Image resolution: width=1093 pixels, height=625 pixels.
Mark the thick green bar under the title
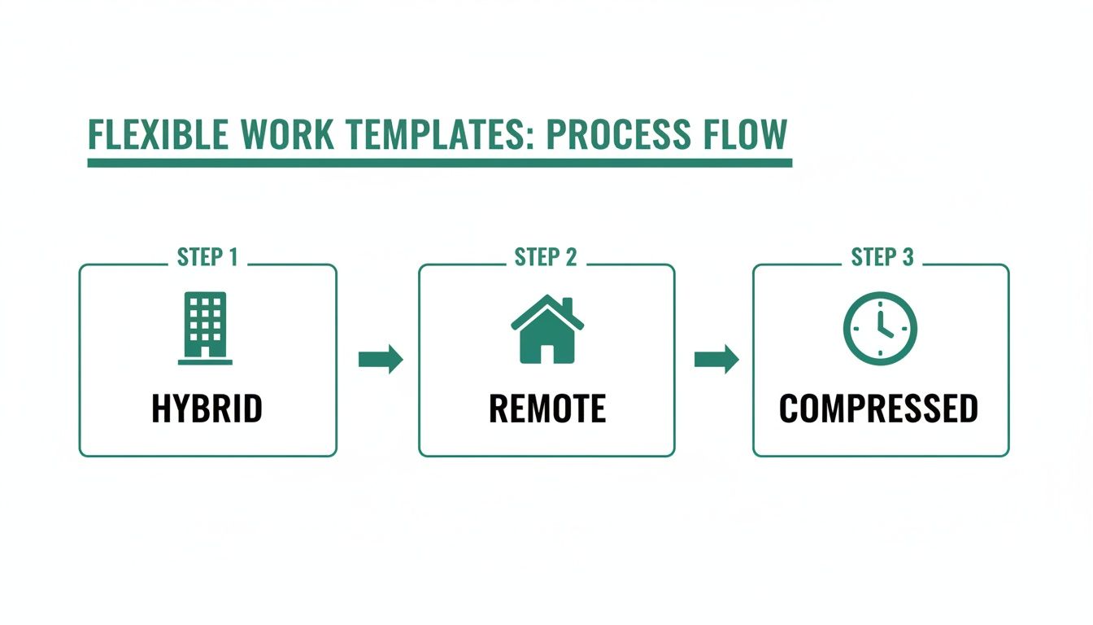tap(439, 164)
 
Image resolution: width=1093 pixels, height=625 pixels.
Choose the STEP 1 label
tap(207, 258)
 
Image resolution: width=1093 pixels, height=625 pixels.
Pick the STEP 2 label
tap(546, 258)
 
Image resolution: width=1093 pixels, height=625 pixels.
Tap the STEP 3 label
tap(882, 258)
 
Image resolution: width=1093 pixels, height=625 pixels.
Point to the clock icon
tap(880, 328)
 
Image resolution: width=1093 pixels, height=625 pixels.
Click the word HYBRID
tap(207, 409)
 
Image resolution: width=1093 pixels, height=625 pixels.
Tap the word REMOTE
tap(546, 409)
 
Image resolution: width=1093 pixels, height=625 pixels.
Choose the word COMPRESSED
tap(878, 409)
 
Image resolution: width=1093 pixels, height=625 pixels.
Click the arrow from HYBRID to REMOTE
tap(381, 359)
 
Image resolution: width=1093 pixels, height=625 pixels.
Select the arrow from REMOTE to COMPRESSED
tap(716, 359)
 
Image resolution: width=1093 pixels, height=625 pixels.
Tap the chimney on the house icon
tap(567, 306)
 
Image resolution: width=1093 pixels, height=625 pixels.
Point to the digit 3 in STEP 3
tap(908, 258)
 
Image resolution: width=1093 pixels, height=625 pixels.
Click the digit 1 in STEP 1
tap(233, 258)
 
